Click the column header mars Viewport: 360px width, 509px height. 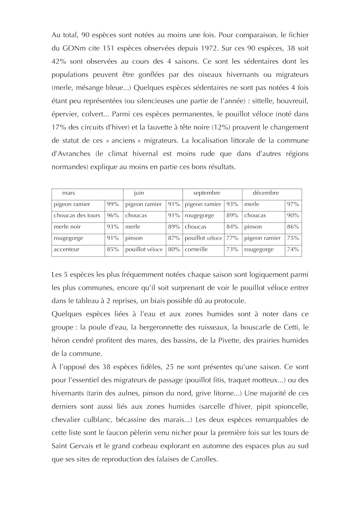click(x=69, y=193)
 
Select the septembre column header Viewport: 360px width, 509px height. click(x=207, y=193)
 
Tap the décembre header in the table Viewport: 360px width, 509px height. click(x=266, y=193)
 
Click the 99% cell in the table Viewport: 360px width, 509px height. click(x=113, y=205)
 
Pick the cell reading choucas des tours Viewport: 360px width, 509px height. click(x=77, y=216)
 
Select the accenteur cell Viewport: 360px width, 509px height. click(x=67, y=250)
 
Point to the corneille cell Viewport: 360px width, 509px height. click(x=196, y=250)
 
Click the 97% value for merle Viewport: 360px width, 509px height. click(x=293, y=205)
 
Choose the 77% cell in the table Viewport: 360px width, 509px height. click(x=232, y=238)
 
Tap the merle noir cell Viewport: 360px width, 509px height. click(x=67, y=227)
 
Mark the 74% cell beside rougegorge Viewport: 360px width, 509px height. click(x=293, y=250)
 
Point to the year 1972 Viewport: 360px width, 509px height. click(x=209, y=49)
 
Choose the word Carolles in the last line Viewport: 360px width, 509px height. click(x=204, y=459)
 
